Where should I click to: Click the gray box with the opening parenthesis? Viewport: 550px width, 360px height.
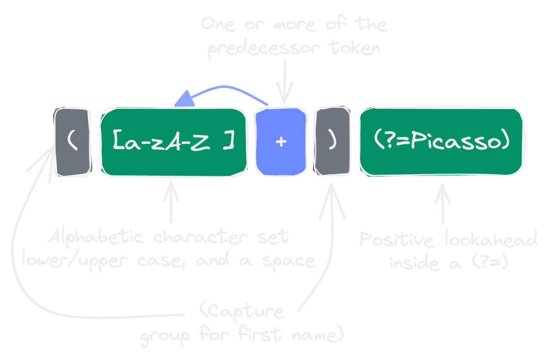tap(72, 142)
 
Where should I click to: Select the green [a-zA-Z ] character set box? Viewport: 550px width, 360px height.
tap(174, 142)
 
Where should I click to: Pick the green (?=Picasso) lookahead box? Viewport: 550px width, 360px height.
tap(442, 142)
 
